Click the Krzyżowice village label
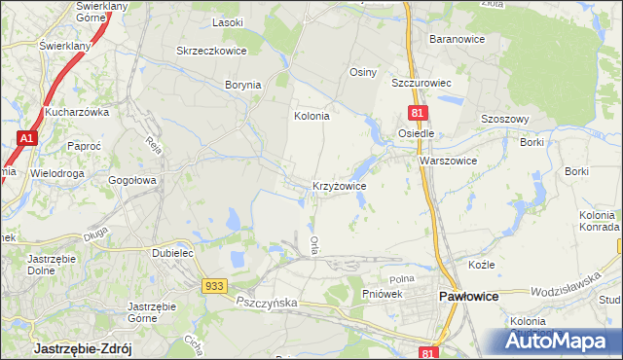(339, 185)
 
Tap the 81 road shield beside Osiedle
(416, 114)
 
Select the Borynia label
(243, 85)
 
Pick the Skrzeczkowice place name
(209, 51)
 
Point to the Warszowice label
(448, 161)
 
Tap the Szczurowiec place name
(424, 84)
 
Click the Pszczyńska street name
(265, 304)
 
